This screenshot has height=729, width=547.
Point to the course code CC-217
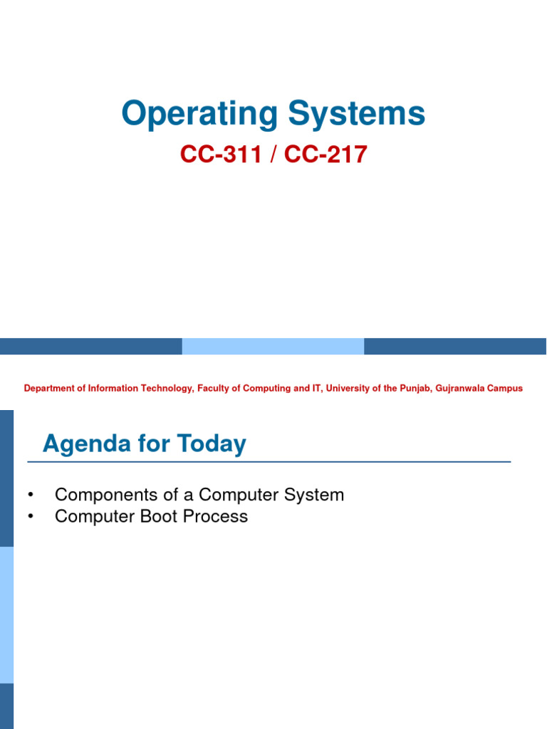pos(325,154)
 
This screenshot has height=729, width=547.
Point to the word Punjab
pos(413,389)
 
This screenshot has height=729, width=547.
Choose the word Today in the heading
pos(212,444)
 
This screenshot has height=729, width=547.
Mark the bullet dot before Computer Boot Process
pos(30,517)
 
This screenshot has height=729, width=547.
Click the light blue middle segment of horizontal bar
pos(273,347)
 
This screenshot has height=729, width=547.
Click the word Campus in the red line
pos(506,389)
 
